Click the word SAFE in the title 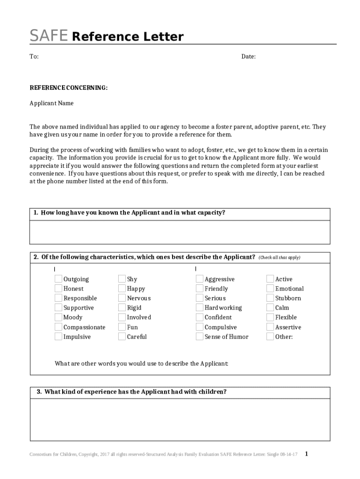[x=49, y=36]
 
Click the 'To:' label [x=34, y=57]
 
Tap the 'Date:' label [x=248, y=57]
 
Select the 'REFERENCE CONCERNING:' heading [x=69, y=87]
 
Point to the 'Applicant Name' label [x=51, y=103]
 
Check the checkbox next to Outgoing [x=58, y=279]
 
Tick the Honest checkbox [x=58, y=289]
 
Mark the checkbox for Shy [x=122, y=279]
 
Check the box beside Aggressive [x=200, y=279]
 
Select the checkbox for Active [x=270, y=279]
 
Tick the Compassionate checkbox [x=58, y=327]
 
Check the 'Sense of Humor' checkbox [x=200, y=336]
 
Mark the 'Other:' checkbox [x=270, y=336]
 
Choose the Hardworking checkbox [x=200, y=307]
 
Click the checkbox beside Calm [x=270, y=307]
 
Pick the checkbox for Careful [x=122, y=336]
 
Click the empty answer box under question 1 [x=180, y=232]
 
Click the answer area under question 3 [x=180, y=419]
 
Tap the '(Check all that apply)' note [x=280, y=258]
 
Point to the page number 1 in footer [x=306, y=453]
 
